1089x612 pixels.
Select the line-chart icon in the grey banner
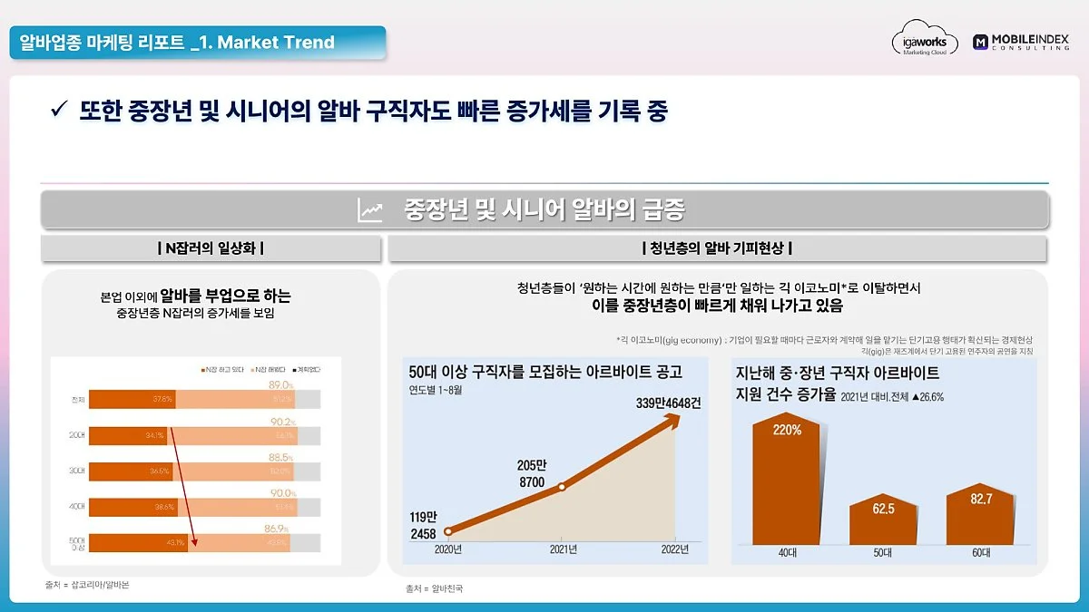pos(370,210)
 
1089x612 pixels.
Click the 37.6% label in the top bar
pos(163,399)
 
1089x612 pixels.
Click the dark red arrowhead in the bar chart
pos(195,544)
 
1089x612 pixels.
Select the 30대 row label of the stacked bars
pos(78,471)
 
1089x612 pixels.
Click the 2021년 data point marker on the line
pos(562,487)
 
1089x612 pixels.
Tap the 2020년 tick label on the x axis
pos(448,549)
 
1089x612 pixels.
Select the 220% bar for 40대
pos(787,481)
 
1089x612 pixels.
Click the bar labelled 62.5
pos(883,520)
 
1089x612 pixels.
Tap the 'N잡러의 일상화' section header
pos(211,248)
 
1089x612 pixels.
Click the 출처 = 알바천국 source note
pos(435,588)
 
